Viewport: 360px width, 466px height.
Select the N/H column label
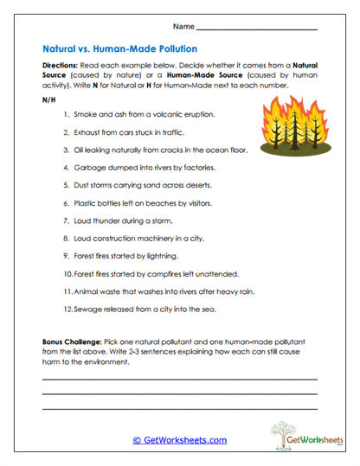tap(48, 99)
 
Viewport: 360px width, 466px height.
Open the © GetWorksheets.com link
tap(179, 440)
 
